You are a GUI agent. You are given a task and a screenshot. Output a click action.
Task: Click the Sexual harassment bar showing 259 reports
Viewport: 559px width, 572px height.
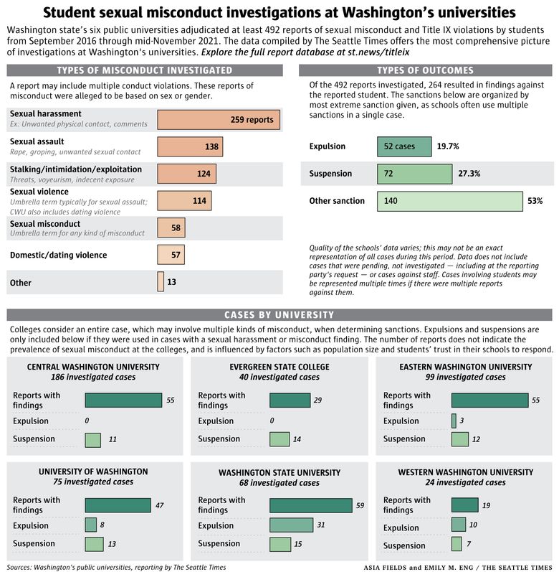point(219,120)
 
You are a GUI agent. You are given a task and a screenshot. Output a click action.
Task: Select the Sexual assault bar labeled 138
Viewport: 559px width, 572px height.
point(190,146)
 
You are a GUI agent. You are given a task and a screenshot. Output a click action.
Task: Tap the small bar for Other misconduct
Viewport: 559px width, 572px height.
point(161,281)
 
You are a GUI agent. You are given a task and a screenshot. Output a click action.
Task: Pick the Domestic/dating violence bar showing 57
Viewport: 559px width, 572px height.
point(171,255)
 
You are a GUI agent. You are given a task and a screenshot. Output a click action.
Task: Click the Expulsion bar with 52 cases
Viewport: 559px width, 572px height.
point(404,146)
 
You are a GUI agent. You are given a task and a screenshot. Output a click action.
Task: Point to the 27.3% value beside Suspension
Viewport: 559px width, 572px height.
point(469,174)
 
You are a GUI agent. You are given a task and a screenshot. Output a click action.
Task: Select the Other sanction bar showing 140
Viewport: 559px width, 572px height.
point(450,201)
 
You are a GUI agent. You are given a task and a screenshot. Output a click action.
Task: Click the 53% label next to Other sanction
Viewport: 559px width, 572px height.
point(535,201)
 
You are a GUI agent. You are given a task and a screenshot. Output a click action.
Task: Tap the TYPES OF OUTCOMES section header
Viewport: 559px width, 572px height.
point(425,70)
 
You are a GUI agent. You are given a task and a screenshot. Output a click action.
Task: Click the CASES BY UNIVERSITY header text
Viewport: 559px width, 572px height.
point(279,315)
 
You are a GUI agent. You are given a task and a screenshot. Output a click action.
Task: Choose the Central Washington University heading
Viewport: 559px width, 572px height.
point(93,367)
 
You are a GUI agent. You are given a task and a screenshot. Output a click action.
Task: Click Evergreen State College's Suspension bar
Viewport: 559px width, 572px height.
point(279,439)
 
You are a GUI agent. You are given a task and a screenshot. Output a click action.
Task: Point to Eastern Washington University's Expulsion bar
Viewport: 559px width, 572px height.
point(454,421)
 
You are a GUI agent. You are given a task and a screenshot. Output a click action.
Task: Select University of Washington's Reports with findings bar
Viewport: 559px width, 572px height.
point(118,505)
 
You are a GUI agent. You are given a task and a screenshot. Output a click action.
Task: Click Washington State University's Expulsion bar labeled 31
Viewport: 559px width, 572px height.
point(292,525)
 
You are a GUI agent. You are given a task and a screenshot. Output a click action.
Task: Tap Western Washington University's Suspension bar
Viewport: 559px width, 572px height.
point(457,544)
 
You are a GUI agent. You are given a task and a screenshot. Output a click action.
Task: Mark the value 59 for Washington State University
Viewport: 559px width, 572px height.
point(360,505)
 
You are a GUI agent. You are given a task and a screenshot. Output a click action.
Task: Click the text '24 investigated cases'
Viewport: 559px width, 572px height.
point(465,482)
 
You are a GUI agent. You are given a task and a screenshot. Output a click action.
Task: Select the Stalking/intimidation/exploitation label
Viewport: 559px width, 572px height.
point(76,169)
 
